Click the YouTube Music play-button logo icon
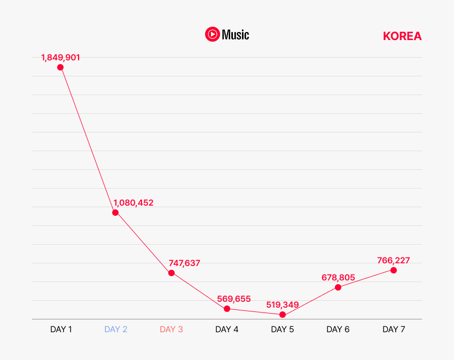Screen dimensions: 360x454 pos(212,35)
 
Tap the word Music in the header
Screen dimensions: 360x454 pos(236,35)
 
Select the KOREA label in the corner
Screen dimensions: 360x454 pos(402,36)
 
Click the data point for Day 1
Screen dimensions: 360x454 pos(60,67)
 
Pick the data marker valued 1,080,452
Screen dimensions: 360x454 pos(115,213)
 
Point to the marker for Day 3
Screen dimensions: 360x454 pos(171,273)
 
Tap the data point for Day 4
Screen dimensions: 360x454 pos(227,309)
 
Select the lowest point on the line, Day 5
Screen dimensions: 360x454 pos(283,315)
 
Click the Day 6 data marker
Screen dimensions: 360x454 pos(338,287)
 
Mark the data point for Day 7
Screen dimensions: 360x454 pos(394,270)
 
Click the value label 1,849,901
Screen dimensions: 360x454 pos(60,57)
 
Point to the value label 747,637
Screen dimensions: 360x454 pos(184,263)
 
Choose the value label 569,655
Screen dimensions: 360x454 pos(234,299)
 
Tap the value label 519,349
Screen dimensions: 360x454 pos(283,304)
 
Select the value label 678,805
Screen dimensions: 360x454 pos(338,277)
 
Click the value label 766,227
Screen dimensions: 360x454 pos(394,260)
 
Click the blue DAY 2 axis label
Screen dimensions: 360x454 pos(116,329)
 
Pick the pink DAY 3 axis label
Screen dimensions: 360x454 pos(171,329)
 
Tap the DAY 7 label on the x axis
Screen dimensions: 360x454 pos(394,329)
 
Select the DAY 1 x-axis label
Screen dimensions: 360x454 pos(61,329)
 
